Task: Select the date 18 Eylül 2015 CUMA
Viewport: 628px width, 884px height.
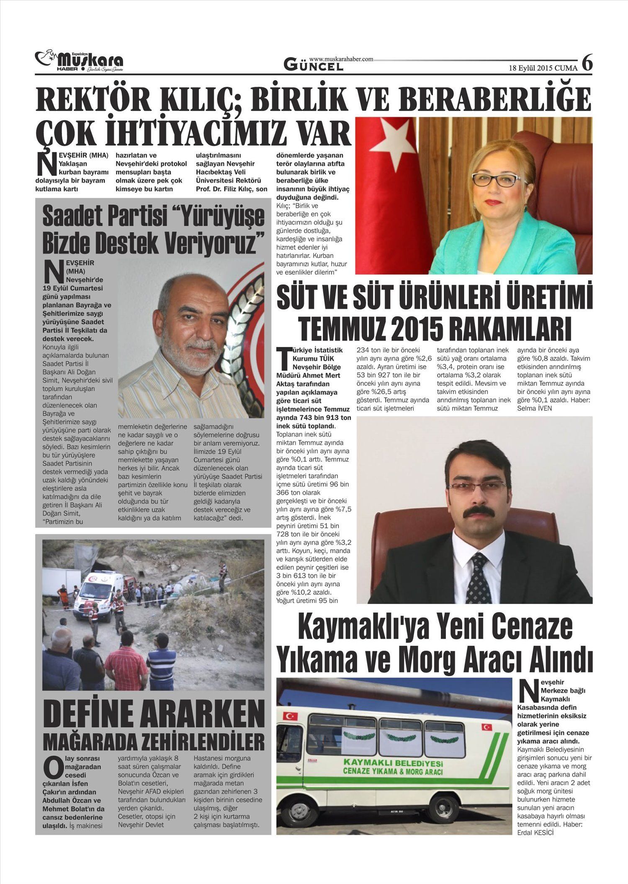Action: pyautogui.click(x=543, y=68)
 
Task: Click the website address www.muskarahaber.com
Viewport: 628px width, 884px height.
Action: pyautogui.click(x=341, y=59)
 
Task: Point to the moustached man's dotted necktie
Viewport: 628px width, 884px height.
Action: pyautogui.click(x=479, y=577)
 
